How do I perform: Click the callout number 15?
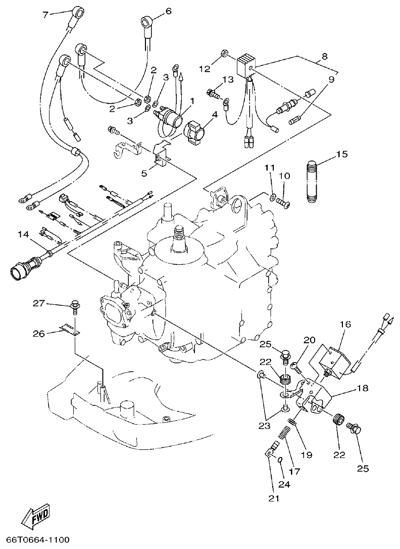tap(341, 154)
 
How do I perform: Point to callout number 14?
tap(23, 234)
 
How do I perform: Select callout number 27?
tap(39, 303)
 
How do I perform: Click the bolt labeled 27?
tap(75, 306)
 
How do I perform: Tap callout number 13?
tap(227, 79)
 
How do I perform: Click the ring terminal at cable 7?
tap(78, 11)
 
